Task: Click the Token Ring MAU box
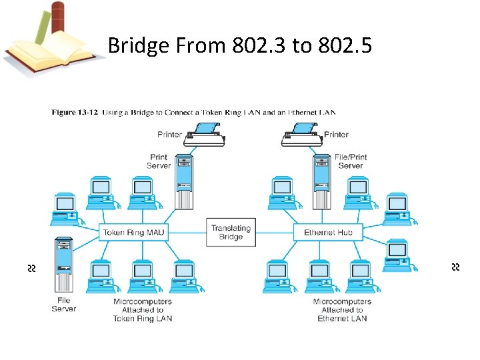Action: (133, 233)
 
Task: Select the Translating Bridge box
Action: (231, 233)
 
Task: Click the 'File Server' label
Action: (64, 305)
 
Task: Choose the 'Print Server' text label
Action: (159, 161)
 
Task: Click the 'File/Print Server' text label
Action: (351, 161)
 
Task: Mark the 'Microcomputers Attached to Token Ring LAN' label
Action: (143, 310)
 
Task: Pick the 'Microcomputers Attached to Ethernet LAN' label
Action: (342, 310)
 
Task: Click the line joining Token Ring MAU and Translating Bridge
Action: (187, 233)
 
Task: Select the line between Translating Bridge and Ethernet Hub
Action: (275, 233)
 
